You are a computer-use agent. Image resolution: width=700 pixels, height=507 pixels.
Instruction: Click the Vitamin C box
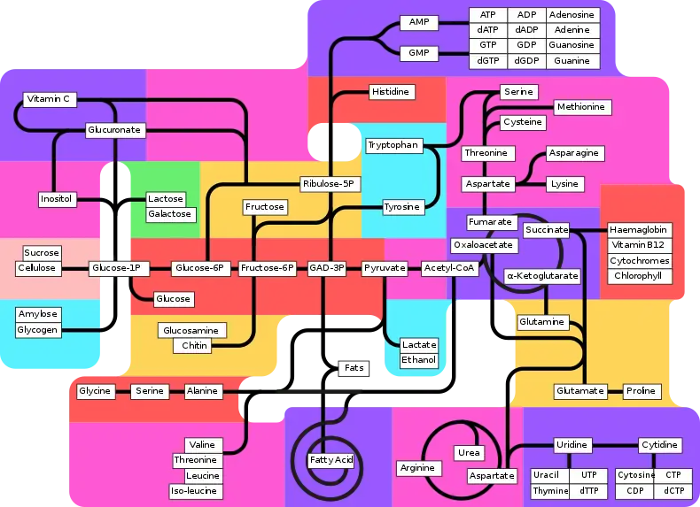(49, 99)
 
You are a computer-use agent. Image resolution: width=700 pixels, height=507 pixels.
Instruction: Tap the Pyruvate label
(385, 267)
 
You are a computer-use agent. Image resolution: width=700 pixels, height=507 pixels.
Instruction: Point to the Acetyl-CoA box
(449, 267)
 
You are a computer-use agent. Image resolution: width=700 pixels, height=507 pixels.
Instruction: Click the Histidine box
(391, 92)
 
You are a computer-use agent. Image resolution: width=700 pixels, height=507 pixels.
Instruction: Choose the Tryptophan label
(392, 145)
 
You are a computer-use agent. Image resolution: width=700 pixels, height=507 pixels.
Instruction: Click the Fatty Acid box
(331, 460)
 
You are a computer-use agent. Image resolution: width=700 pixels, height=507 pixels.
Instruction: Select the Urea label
(469, 453)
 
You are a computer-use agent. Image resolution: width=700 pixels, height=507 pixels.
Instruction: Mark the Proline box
(641, 391)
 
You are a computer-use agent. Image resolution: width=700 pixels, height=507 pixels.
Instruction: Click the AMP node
(418, 22)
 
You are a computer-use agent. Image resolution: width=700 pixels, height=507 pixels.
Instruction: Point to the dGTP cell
(487, 61)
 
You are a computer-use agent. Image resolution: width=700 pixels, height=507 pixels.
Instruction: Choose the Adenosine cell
(572, 15)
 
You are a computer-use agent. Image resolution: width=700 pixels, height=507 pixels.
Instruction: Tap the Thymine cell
(551, 491)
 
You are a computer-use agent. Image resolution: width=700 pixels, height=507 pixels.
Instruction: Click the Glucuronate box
(113, 130)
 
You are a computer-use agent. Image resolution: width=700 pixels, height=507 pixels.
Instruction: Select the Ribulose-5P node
(328, 184)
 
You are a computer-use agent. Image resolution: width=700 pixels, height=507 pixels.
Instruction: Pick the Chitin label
(195, 345)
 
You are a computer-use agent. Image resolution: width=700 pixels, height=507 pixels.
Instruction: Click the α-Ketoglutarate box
(541, 276)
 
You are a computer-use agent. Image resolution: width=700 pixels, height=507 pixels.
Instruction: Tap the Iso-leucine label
(195, 490)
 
